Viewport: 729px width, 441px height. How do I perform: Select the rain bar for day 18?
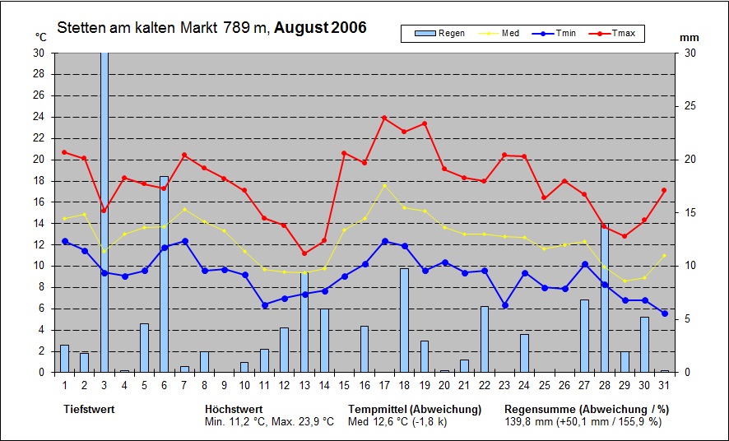pyautogui.click(x=404, y=320)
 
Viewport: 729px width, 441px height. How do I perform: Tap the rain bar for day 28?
pyautogui.click(x=604, y=298)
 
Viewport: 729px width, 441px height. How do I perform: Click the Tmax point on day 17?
pyautogui.click(x=384, y=118)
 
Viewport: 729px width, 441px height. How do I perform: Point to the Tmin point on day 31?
pyautogui.click(x=664, y=313)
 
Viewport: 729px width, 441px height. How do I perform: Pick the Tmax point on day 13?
pyautogui.click(x=304, y=253)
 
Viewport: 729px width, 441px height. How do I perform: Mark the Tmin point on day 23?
pyautogui.click(x=504, y=305)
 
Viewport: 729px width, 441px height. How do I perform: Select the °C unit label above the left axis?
pyautogui.click(x=41, y=37)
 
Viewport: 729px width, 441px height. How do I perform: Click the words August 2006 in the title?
pyautogui.click(x=320, y=28)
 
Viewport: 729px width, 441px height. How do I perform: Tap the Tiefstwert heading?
pyautogui.click(x=88, y=409)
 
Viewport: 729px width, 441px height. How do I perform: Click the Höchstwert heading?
pyautogui.click(x=234, y=409)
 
